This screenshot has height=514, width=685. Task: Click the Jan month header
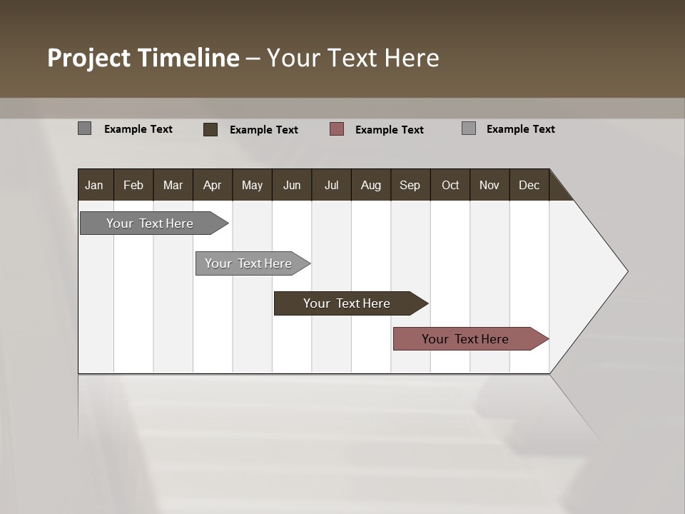94,185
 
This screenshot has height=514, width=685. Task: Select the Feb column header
133,185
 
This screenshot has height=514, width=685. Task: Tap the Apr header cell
212,185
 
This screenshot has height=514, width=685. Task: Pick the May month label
252,185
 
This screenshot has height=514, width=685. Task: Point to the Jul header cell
331,185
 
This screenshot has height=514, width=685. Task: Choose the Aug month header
370,185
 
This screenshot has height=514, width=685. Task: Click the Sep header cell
410,185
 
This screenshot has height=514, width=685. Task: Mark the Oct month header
450,185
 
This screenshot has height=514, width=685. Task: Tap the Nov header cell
489,185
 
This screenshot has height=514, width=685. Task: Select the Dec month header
529,185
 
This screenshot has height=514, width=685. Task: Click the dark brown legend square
210,129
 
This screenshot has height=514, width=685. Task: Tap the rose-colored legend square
337,129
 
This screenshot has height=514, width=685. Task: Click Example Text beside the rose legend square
389,130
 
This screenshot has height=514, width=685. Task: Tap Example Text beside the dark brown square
263,130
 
